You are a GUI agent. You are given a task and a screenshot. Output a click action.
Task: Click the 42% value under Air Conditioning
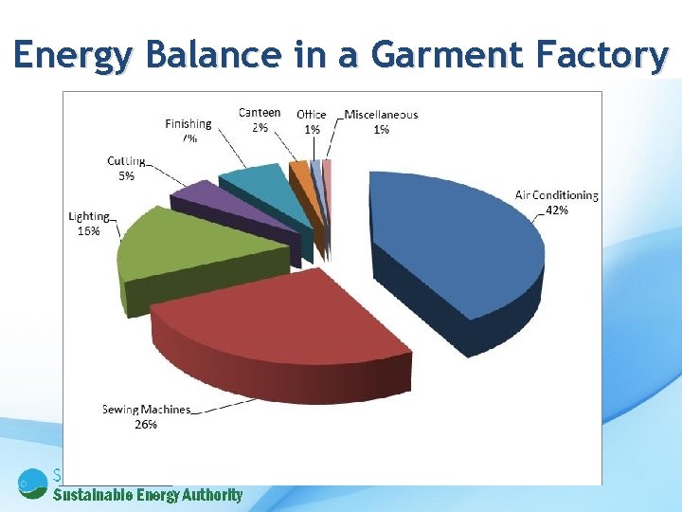(x=557, y=210)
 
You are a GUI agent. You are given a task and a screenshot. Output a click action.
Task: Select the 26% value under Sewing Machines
(x=146, y=424)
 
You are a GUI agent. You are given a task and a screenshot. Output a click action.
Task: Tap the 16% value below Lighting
(x=88, y=230)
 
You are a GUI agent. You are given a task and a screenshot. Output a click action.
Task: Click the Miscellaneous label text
(x=381, y=115)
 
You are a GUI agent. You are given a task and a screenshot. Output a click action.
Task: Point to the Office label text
(x=312, y=115)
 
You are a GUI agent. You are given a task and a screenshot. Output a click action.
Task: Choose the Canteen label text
(x=260, y=113)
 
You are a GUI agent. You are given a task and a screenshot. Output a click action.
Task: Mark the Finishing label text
(x=188, y=123)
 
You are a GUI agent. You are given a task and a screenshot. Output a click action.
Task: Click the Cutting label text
(x=126, y=161)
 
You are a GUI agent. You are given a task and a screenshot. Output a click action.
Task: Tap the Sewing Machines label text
(x=146, y=410)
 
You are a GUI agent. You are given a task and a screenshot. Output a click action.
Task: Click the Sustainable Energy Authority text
(x=148, y=495)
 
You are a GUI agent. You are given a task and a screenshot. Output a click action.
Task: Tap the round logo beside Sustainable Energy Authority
(x=32, y=483)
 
